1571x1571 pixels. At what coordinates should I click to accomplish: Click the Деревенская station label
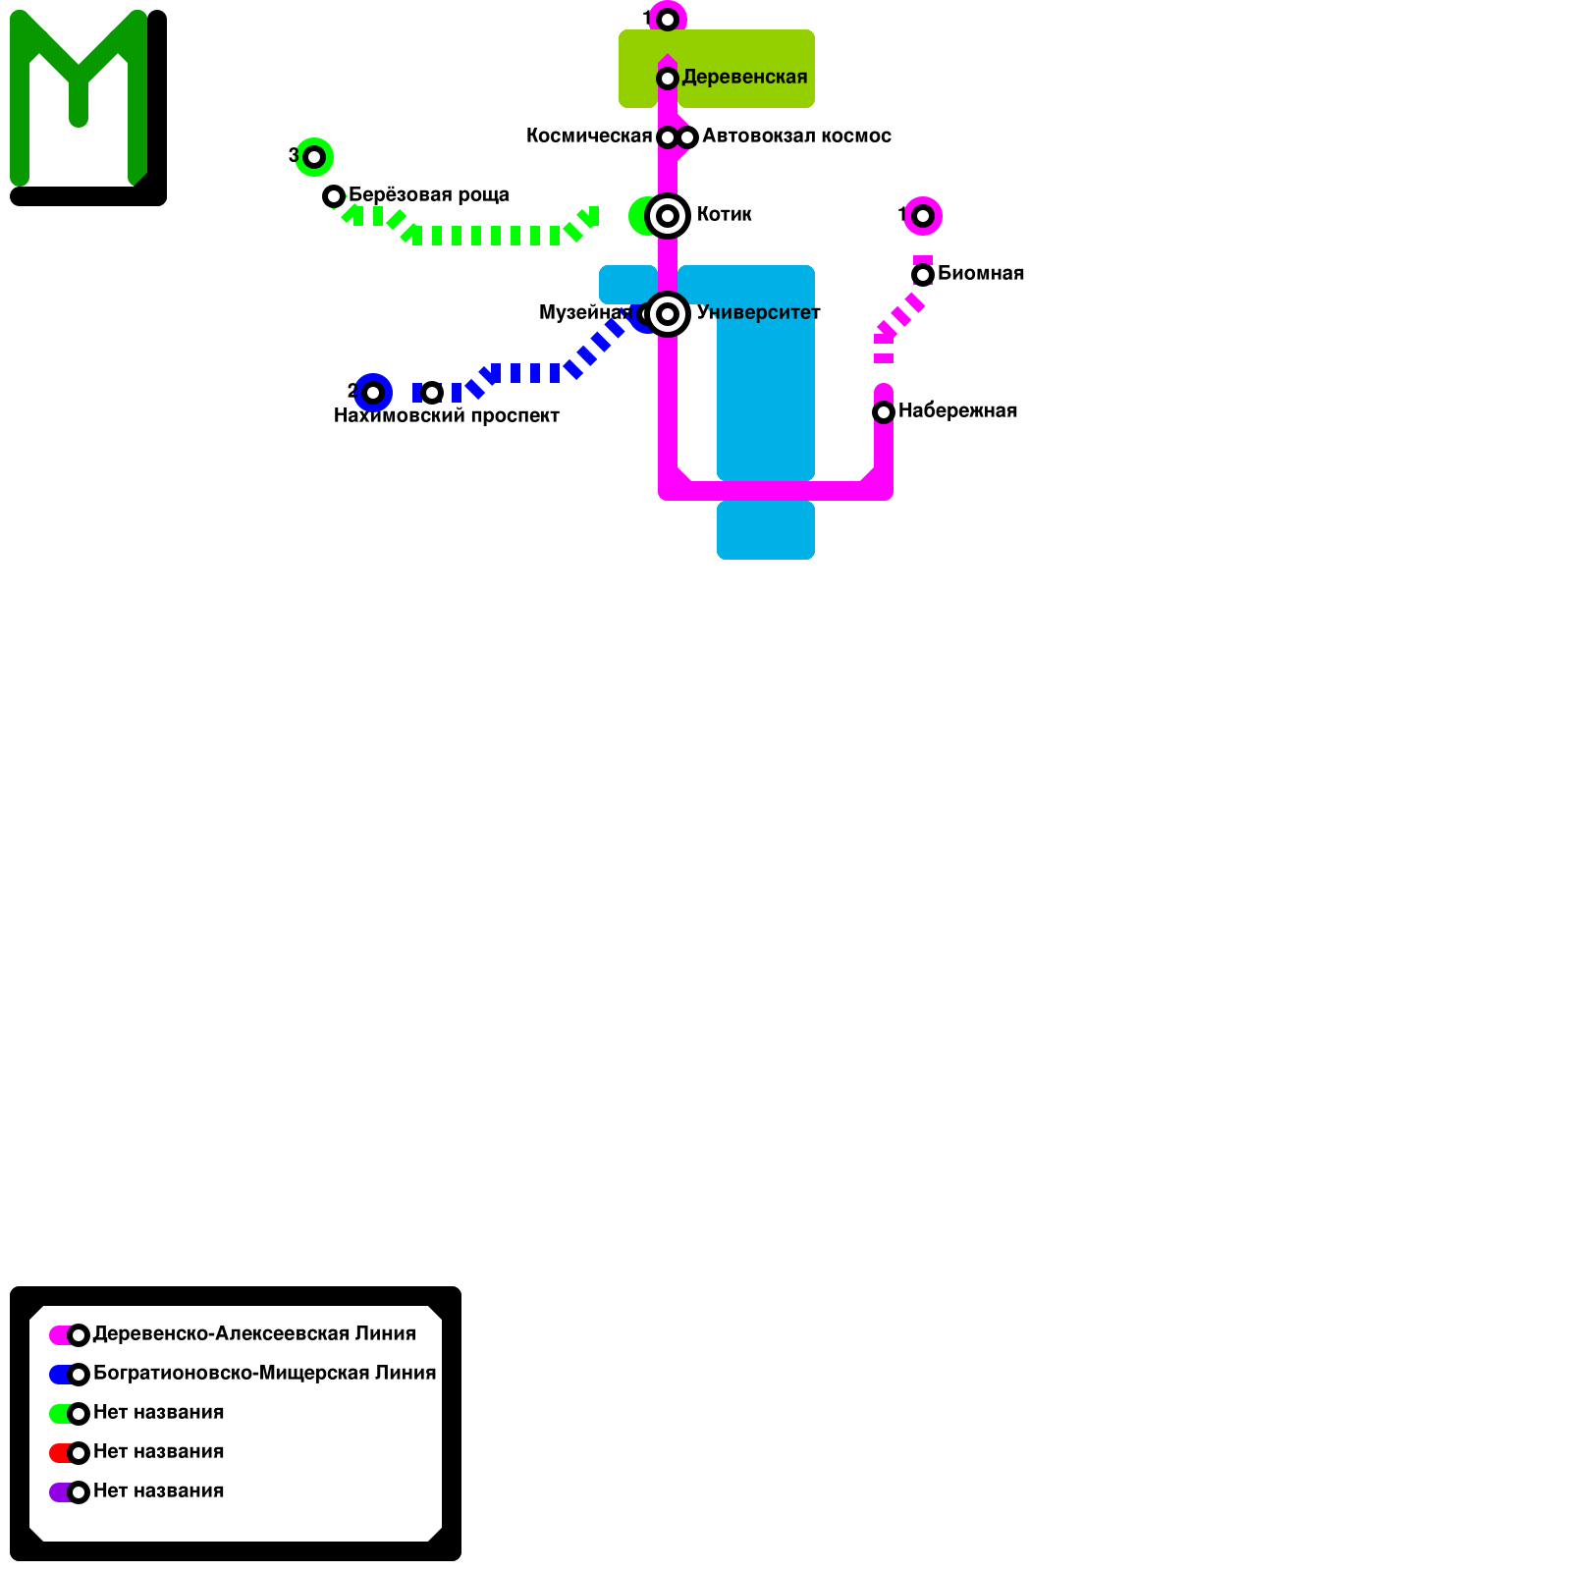(x=744, y=78)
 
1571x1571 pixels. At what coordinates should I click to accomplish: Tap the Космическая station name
(x=589, y=136)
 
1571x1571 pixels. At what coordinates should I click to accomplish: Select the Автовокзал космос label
(x=796, y=136)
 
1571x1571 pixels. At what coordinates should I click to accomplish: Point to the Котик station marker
(x=668, y=216)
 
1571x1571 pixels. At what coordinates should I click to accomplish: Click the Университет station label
(x=758, y=313)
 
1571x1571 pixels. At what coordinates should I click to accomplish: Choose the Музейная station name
(x=584, y=313)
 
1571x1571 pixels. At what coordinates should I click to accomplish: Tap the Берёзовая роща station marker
(x=334, y=196)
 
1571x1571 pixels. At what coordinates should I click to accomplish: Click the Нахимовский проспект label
(x=447, y=415)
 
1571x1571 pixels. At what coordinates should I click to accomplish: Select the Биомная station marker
(x=923, y=275)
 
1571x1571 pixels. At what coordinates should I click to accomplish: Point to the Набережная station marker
(x=884, y=412)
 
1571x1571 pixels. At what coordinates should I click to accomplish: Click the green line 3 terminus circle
(x=314, y=157)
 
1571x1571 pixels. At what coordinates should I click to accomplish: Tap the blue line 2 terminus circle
(x=373, y=393)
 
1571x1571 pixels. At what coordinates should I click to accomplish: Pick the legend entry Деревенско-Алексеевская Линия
(x=254, y=1334)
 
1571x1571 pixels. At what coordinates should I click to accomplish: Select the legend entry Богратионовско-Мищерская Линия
(x=264, y=1374)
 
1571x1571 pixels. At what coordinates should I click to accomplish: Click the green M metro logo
(x=79, y=98)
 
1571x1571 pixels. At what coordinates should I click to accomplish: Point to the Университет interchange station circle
(x=668, y=314)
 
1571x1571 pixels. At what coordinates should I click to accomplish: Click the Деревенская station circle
(x=668, y=79)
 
